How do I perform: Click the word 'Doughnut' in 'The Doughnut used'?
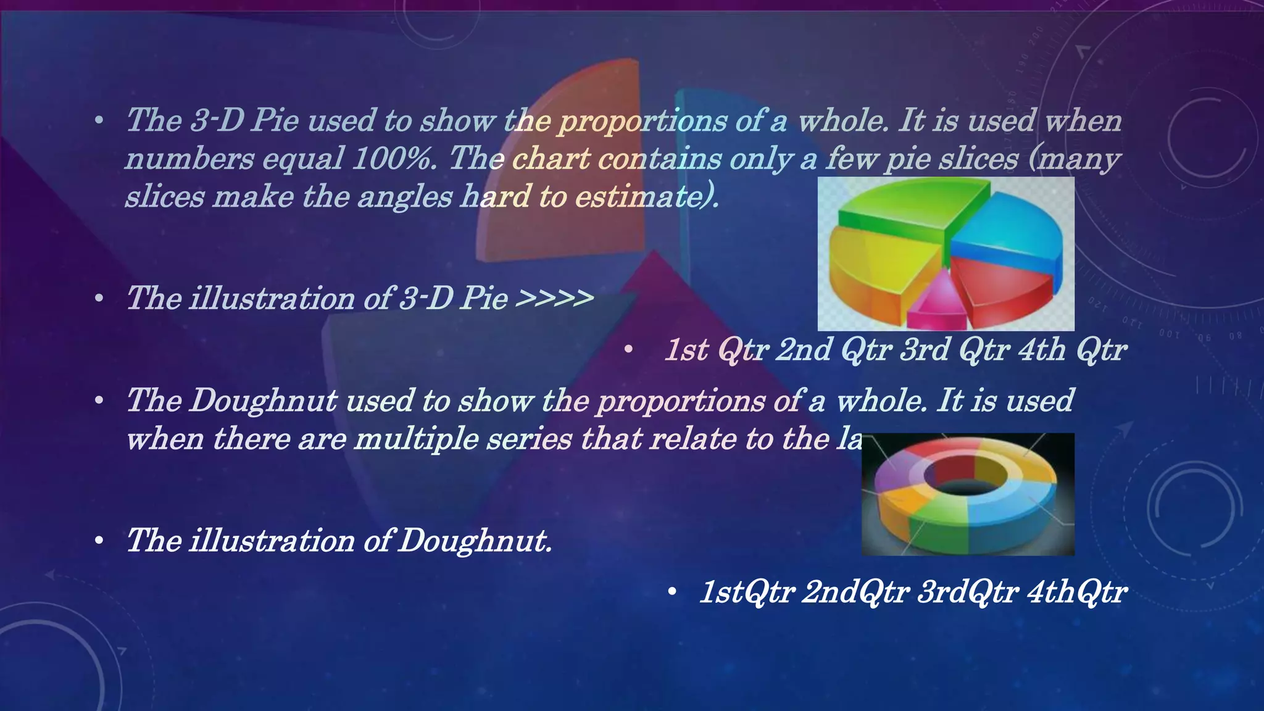(x=264, y=401)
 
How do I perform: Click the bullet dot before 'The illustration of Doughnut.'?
(x=99, y=541)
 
